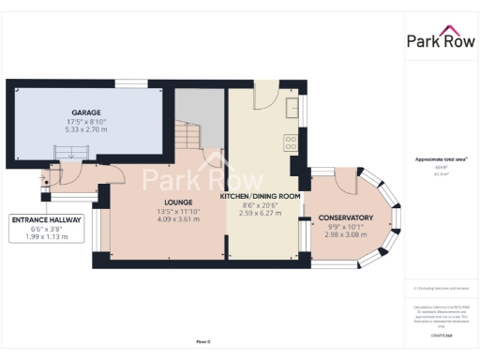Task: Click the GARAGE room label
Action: pyautogui.click(x=86, y=112)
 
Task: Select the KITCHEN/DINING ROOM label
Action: pyautogui.click(x=260, y=196)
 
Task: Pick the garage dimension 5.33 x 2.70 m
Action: pyautogui.click(x=86, y=128)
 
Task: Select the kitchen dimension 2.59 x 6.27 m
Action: pyautogui.click(x=260, y=214)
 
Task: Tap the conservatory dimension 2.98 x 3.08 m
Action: pyautogui.click(x=344, y=235)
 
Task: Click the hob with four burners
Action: pyautogui.click(x=291, y=142)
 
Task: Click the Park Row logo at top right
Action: pyautogui.click(x=439, y=39)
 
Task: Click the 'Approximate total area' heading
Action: pyautogui.click(x=440, y=159)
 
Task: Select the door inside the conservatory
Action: pyautogui.click(x=343, y=182)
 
